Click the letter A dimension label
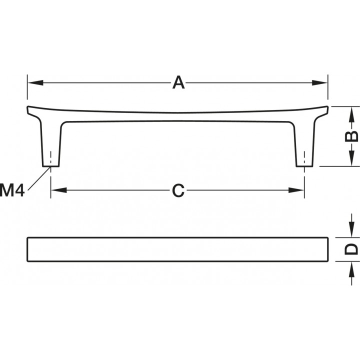[x=178, y=82]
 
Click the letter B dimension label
[x=351, y=136]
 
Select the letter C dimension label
[x=178, y=190]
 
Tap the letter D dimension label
[x=351, y=249]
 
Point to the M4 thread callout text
[x=12, y=190]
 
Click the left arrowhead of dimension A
[x=35, y=82]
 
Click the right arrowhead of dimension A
[x=320, y=82]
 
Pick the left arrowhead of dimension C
[x=59, y=190]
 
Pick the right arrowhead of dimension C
[x=296, y=190]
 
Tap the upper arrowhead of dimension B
[x=351, y=114]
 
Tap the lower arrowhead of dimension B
[x=351, y=158]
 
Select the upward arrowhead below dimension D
[x=351, y=269]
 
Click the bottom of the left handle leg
[x=50, y=166]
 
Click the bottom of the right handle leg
[x=304, y=166]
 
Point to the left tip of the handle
[x=27, y=106]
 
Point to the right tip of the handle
[x=328, y=106]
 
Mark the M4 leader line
[x=39, y=178]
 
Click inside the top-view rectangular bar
[x=177, y=249]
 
